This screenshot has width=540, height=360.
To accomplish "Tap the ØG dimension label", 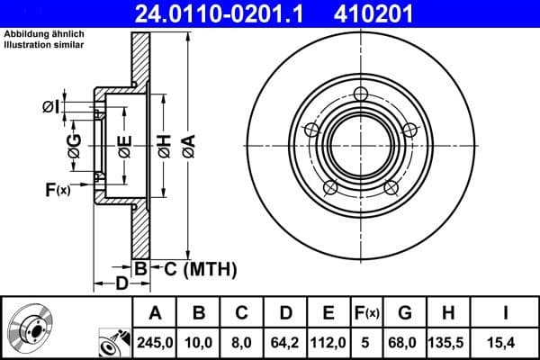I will click(x=75, y=145).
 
